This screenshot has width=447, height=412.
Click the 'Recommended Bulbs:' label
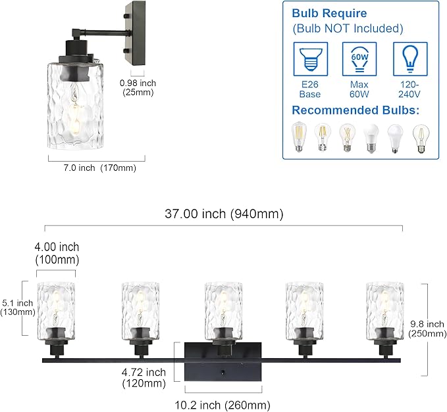tap(355, 110)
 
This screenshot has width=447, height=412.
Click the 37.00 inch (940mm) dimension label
tap(224, 214)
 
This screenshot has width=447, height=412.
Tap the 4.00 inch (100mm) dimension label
tap(57, 253)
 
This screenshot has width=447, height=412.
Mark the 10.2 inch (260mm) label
tap(224, 405)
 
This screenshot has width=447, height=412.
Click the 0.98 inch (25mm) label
tap(138, 88)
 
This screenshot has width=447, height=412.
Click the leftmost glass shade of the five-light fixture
tap(57, 308)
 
